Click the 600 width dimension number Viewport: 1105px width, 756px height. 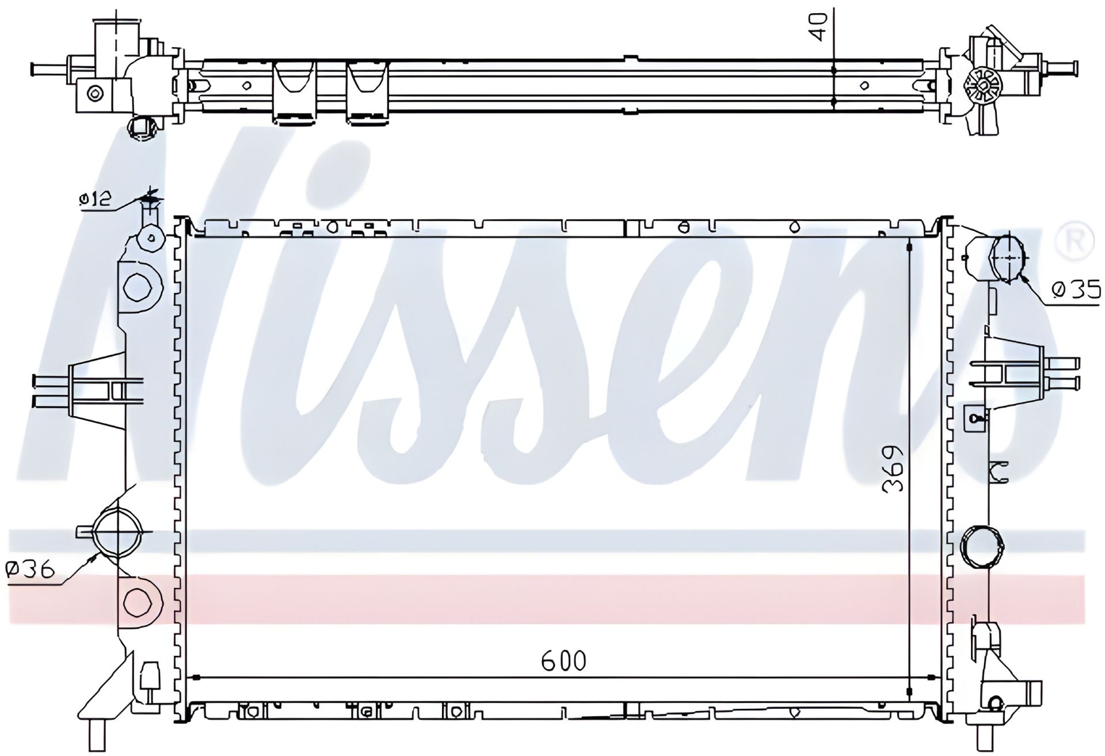(563, 661)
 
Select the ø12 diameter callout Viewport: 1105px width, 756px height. (94, 200)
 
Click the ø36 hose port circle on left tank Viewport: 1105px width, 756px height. (117, 531)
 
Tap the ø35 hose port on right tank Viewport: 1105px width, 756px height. (1007, 259)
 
